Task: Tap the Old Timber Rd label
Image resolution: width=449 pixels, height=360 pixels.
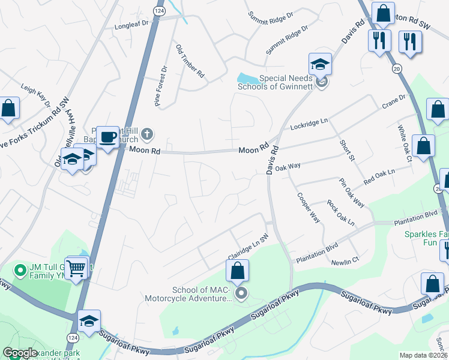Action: coord(190,61)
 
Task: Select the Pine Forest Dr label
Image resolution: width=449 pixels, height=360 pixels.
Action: coord(162,86)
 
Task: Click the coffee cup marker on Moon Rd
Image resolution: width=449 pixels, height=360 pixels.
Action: coord(108,137)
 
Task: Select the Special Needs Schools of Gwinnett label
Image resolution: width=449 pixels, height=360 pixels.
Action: coord(285,82)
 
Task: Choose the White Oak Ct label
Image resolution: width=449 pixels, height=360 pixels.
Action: coord(404,143)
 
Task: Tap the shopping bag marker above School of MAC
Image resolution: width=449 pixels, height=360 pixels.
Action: coord(238,271)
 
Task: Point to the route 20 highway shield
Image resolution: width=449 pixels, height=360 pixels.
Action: coord(396,69)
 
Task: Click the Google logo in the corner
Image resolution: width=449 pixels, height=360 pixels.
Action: coord(20,353)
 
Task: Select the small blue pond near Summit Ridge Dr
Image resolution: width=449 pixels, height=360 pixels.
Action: coord(246,78)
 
